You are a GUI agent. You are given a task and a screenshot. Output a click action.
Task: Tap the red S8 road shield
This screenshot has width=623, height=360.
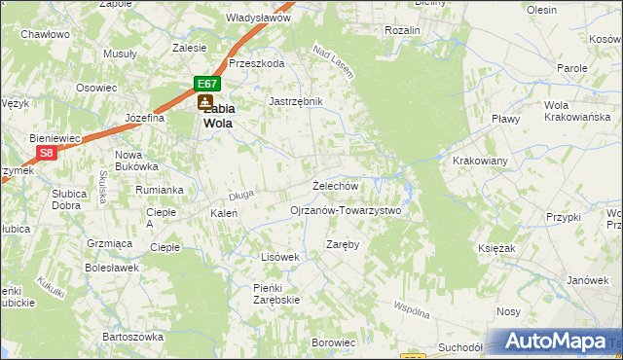click(46, 153)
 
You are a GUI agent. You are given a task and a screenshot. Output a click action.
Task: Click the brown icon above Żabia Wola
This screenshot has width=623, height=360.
click(204, 100)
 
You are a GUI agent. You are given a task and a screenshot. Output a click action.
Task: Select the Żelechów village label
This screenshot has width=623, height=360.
click(336, 185)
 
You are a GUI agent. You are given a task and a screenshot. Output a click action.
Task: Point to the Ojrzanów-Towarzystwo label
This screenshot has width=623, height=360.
click(346, 210)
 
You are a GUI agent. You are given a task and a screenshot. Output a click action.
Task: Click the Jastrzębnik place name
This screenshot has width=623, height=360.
click(295, 100)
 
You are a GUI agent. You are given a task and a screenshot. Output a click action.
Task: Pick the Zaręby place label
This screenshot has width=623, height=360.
click(343, 244)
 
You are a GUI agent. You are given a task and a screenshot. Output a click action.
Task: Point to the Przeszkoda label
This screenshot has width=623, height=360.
click(256, 63)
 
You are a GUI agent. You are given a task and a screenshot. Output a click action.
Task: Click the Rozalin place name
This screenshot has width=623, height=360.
click(402, 30)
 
